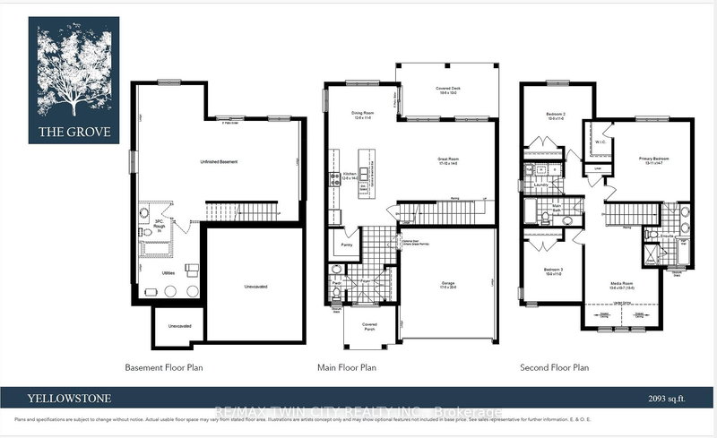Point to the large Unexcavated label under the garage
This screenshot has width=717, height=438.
tap(255, 286)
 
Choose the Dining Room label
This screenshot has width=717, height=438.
tap(363, 113)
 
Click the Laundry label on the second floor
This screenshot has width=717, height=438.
tap(541, 185)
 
